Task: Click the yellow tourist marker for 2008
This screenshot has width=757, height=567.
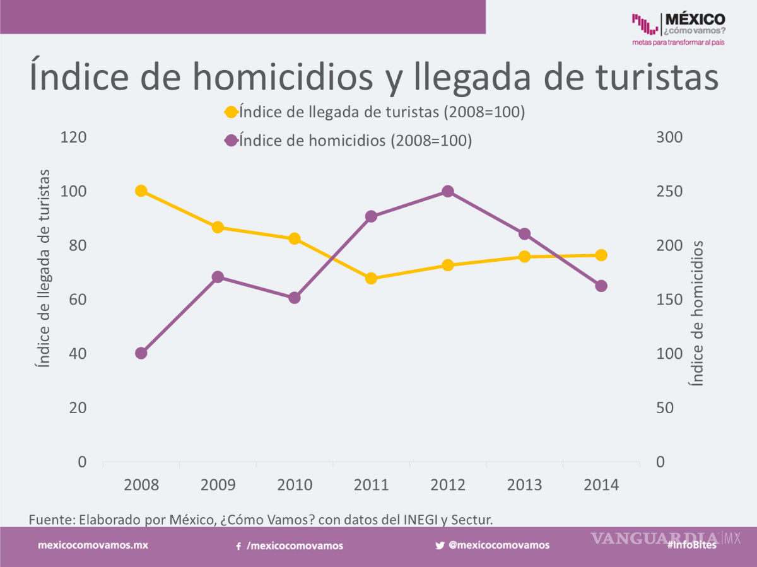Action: (x=141, y=191)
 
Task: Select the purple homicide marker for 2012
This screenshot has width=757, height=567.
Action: (x=448, y=191)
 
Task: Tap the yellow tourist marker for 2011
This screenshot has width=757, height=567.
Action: (x=371, y=278)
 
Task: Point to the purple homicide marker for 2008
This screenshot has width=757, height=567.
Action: (x=141, y=353)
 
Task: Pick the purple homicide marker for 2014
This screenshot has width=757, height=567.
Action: (x=601, y=286)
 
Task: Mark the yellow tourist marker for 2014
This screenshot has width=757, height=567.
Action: (x=601, y=255)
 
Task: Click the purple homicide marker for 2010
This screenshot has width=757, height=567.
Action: (x=295, y=298)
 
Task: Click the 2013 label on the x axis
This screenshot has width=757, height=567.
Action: (x=524, y=485)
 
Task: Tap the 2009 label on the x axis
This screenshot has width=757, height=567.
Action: (x=218, y=485)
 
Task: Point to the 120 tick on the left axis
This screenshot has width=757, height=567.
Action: (x=73, y=137)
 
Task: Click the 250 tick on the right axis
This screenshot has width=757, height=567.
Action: (x=669, y=192)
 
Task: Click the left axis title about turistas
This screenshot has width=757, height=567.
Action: (x=43, y=269)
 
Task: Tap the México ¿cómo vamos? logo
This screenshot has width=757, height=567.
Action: (x=678, y=28)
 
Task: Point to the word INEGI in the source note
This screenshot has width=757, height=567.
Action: (x=418, y=520)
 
